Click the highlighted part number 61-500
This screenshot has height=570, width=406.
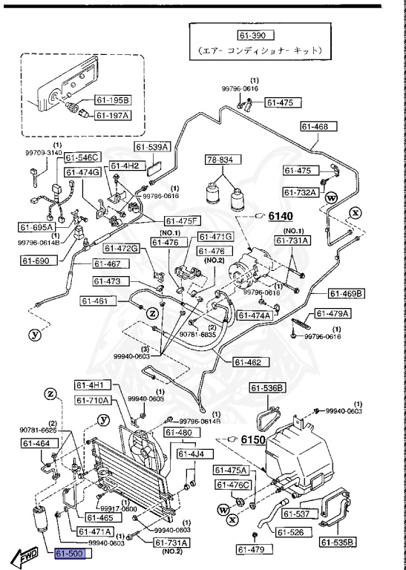click(x=71, y=554)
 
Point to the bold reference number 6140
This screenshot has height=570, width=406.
click(x=281, y=216)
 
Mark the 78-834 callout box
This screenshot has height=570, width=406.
click(x=222, y=160)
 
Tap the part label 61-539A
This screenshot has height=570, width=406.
click(x=152, y=147)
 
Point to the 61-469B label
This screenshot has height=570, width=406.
click(x=346, y=294)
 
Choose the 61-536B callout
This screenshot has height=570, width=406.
click(x=266, y=387)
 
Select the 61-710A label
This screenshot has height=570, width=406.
click(x=93, y=400)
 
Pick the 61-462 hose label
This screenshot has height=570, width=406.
click(x=251, y=362)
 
